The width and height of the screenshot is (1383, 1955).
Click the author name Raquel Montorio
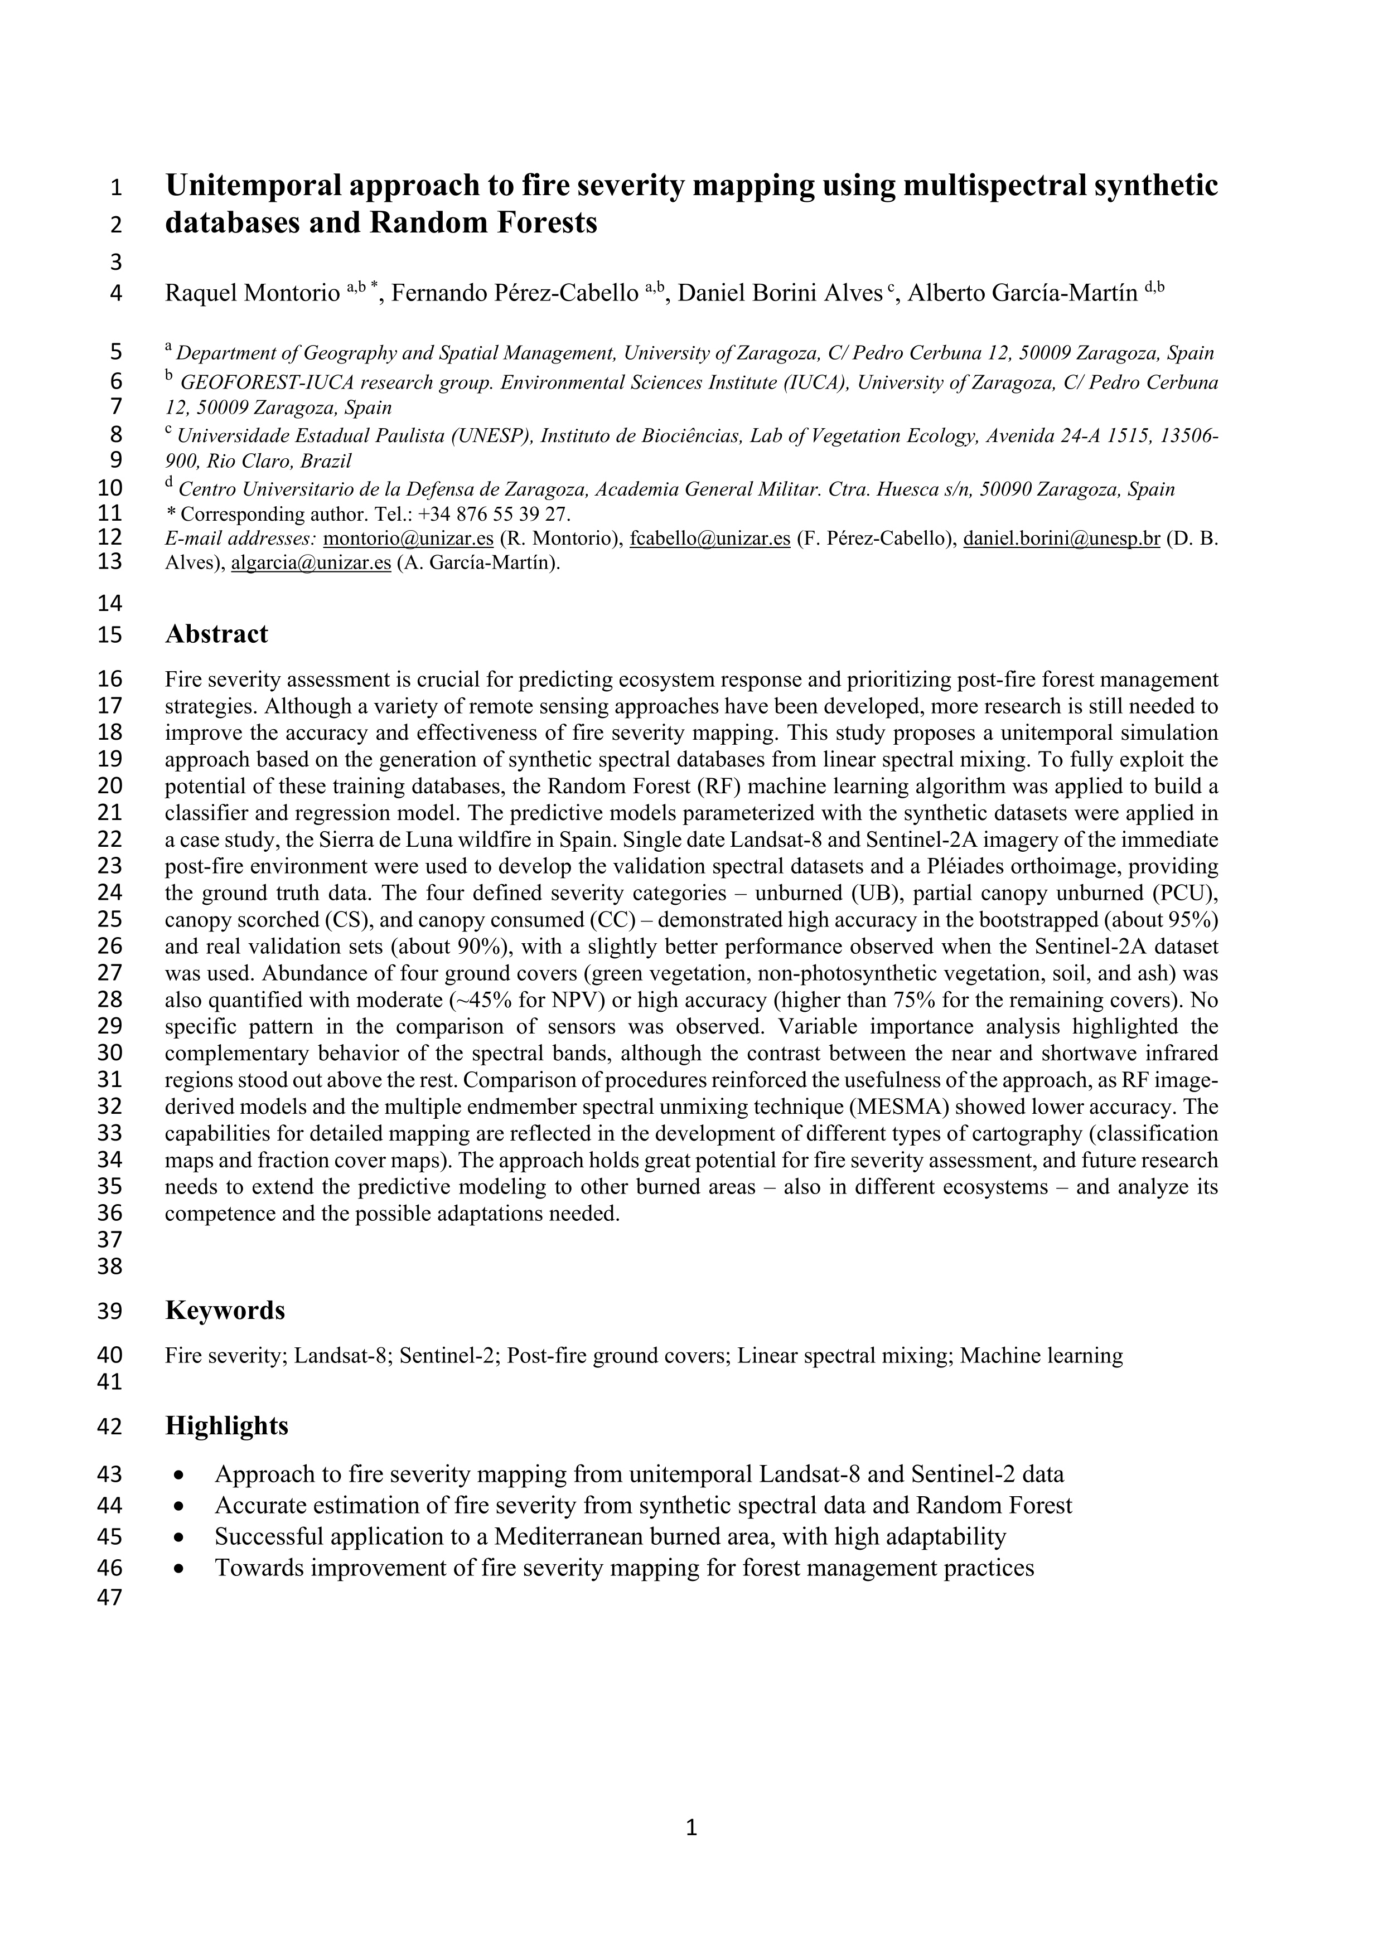252,294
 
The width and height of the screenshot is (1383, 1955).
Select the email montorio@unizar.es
409,539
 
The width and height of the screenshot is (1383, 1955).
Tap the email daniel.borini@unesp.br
1061,539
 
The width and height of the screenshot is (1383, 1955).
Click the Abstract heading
216,634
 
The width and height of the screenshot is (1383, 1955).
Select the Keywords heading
225,1311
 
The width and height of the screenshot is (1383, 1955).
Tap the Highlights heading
226,1426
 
